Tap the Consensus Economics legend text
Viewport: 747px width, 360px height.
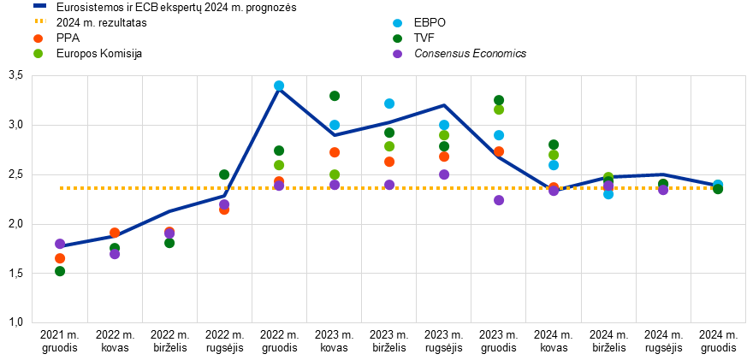[459, 54]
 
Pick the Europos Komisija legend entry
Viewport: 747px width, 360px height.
[88, 54]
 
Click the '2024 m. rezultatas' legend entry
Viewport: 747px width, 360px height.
[89, 22]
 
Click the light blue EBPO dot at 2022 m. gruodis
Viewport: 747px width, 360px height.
[279, 86]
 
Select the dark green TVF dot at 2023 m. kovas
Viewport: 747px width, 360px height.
[335, 96]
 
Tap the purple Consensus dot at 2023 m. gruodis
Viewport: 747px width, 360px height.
[499, 200]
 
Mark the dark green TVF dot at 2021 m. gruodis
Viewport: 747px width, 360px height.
[60, 271]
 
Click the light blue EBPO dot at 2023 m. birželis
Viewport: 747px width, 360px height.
[389, 103]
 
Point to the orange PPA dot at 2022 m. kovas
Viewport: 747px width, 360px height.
[115, 233]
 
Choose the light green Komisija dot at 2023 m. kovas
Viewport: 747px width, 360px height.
[335, 174]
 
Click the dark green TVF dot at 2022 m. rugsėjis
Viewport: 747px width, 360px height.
[224, 174]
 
